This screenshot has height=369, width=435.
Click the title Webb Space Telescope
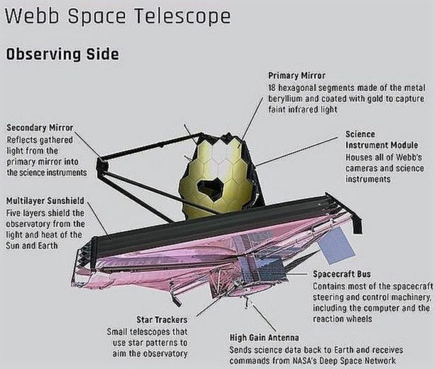(x=118, y=16)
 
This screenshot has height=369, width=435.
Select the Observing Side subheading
(x=63, y=54)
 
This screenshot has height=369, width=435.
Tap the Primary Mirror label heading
(x=296, y=75)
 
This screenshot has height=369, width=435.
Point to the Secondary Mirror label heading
(x=39, y=128)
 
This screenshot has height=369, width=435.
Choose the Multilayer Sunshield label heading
(x=45, y=200)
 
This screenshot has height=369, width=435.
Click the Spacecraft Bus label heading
(x=342, y=274)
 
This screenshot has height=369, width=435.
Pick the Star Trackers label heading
(x=162, y=319)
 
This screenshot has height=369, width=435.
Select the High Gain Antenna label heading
(x=264, y=338)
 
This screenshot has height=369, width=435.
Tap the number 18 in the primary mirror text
(x=272, y=88)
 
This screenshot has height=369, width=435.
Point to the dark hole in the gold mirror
(x=210, y=190)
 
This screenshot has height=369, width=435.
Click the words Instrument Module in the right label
(x=382, y=145)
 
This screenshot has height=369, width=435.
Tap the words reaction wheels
(x=343, y=319)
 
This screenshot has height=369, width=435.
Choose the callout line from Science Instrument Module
(x=297, y=151)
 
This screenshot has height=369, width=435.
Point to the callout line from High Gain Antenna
(x=264, y=319)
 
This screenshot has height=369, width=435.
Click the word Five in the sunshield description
(x=14, y=213)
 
